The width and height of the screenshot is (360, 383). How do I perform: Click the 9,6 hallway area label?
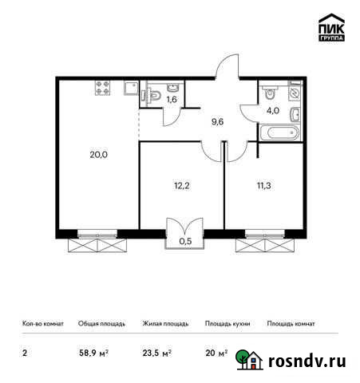(216, 122)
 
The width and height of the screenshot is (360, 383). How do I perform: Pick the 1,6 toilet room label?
(172, 101)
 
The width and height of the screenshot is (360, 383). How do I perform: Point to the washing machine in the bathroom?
(294, 93)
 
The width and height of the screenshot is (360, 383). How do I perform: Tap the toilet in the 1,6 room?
(152, 96)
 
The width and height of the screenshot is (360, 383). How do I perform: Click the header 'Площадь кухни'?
(227, 324)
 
